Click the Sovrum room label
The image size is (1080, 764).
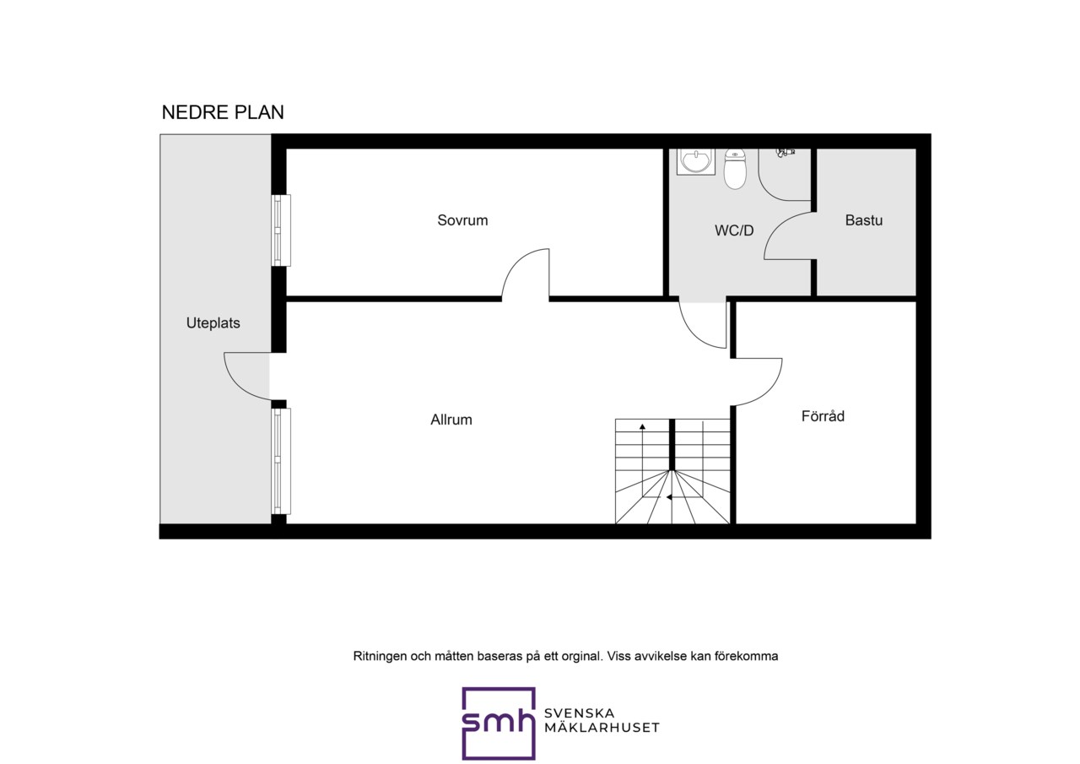click(462, 220)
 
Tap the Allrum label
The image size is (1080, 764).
click(451, 420)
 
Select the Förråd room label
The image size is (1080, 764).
click(823, 415)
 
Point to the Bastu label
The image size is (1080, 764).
click(863, 220)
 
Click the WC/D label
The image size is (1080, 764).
click(734, 230)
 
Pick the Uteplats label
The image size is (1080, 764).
click(213, 323)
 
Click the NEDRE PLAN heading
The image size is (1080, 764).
click(223, 112)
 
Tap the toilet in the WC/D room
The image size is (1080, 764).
click(735, 168)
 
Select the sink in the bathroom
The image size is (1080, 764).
click(696, 161)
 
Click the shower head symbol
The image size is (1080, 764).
click(785, 153)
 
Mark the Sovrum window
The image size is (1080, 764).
click(281, 230)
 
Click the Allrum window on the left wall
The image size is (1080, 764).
click(281, 461)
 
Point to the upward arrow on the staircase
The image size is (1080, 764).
click(642, 448)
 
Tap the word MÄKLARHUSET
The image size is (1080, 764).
click(602, 728)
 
